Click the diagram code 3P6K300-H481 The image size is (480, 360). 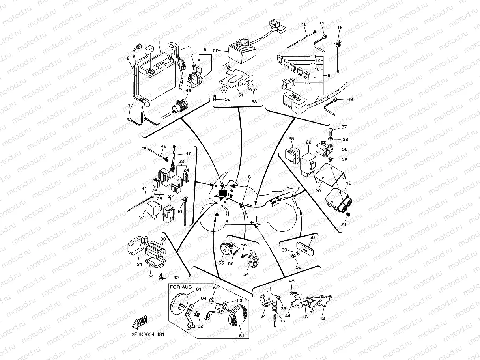148,334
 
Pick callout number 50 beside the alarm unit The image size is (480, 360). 215,51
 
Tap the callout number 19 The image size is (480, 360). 349,183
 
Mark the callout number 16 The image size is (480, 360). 340,28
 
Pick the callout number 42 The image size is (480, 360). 322,319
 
